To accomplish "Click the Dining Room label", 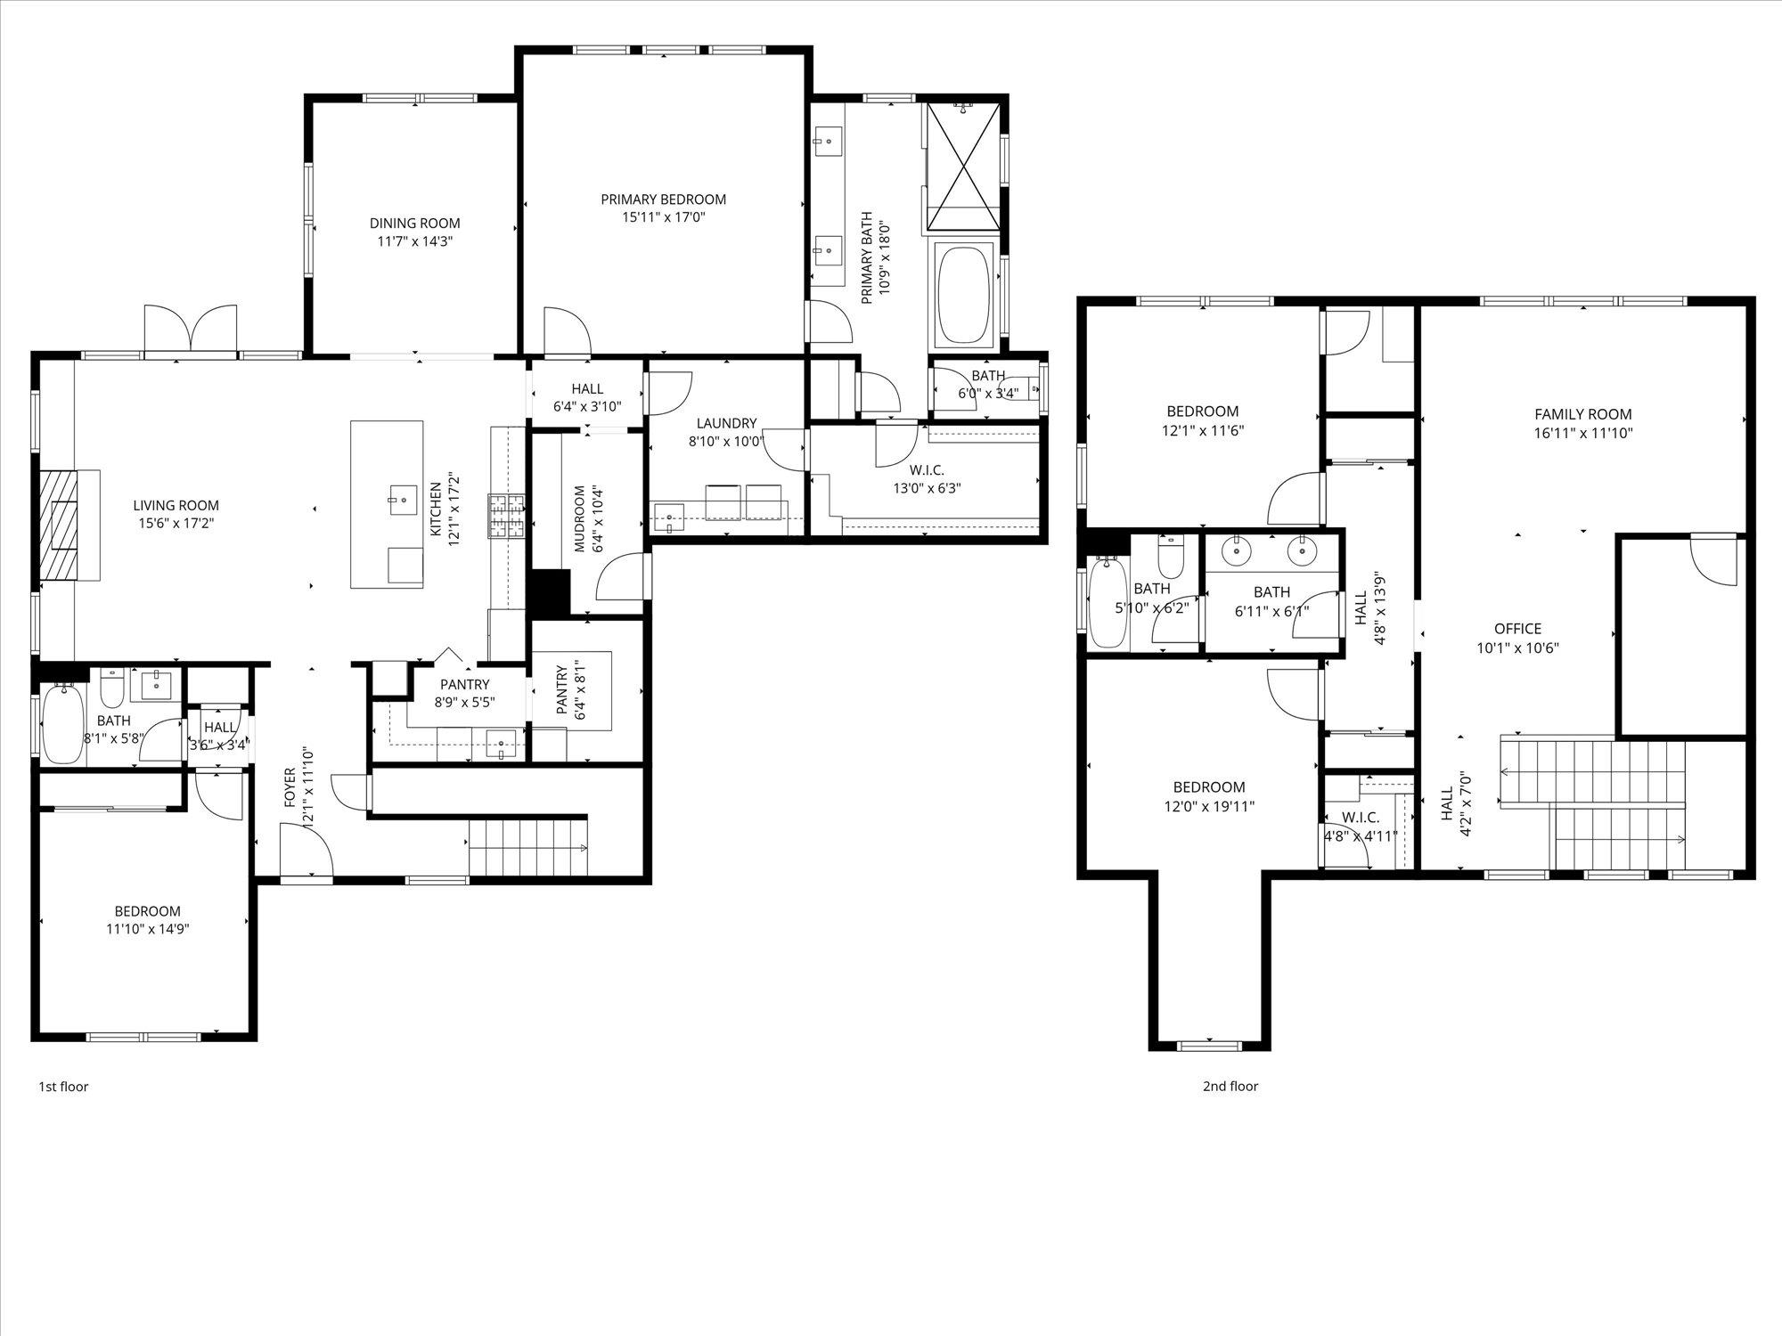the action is coord(415,224).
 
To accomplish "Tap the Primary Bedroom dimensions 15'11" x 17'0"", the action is coord(664,216).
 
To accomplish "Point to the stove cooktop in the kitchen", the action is coord(506,517).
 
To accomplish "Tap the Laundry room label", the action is coord(726,423).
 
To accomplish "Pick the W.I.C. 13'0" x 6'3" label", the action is coord(927,479).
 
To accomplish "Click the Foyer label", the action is coord(290,787).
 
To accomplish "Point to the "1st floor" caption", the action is coord(63,1087).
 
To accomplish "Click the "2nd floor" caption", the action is coord(1230,1086).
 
